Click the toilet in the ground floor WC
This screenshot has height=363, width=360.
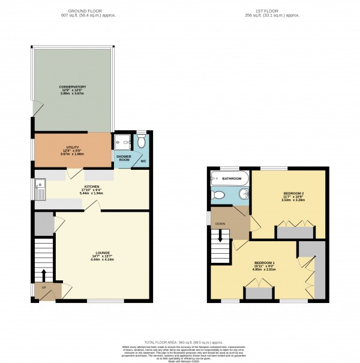(x=141, y=142)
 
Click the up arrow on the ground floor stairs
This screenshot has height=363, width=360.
(x=43, y=275)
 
